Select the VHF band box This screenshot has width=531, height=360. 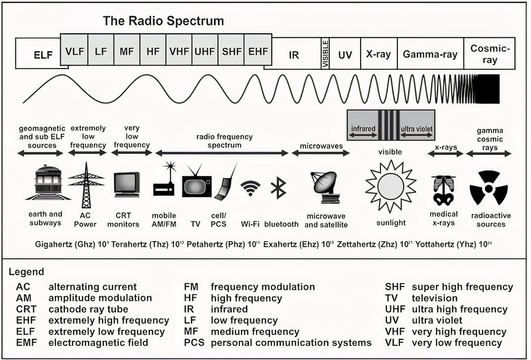pos(179,51)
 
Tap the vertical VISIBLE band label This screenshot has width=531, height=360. pos(325,54)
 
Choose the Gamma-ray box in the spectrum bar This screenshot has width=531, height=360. pos(430,54)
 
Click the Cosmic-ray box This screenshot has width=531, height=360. pos(490,54)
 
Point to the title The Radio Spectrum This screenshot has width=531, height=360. pos(164,21)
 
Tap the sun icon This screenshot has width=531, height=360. pos(390,186)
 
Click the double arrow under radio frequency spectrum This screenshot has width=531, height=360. pos(222,153)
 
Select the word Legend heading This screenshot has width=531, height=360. pos(26,272)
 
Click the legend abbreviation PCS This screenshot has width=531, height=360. pos(194,343)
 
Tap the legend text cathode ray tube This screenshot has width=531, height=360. pos(88,309)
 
